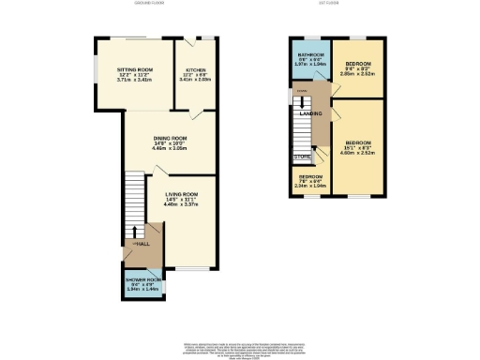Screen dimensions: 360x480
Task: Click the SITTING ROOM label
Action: click(134, 70)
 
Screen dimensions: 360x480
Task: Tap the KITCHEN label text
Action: click(195, 70)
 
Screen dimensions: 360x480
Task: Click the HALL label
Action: click(143, 244)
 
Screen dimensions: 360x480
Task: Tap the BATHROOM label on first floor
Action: click(310, 55)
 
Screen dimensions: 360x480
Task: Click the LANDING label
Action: click(311, 114)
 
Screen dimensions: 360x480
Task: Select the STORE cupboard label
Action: click(302, 157)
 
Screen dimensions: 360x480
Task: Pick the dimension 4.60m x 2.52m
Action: click(360, 153)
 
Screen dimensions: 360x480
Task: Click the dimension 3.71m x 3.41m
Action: click(134, 82)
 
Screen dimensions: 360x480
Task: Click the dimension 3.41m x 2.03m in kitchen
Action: click(195, 82)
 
